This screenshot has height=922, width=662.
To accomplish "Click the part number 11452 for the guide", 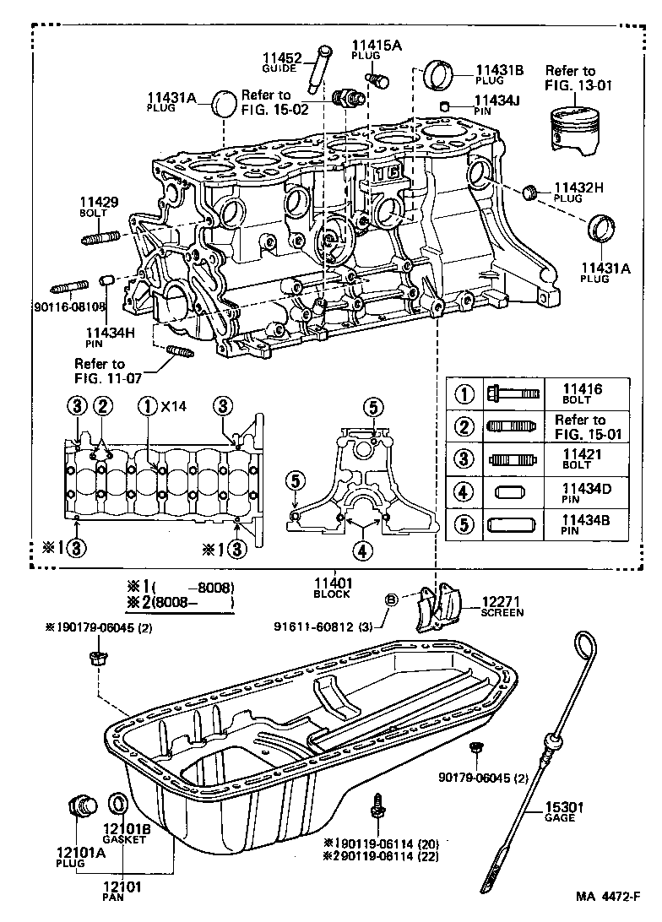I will coord(280,57).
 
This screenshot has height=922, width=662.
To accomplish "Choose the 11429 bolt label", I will coord(99,202).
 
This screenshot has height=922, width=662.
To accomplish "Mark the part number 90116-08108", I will coord(69,306).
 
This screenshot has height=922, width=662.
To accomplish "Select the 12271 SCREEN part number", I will coord(502,600).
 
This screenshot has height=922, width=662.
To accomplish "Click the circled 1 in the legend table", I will coord(464,393).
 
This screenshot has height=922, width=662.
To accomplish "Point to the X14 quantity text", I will coord(175,407).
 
